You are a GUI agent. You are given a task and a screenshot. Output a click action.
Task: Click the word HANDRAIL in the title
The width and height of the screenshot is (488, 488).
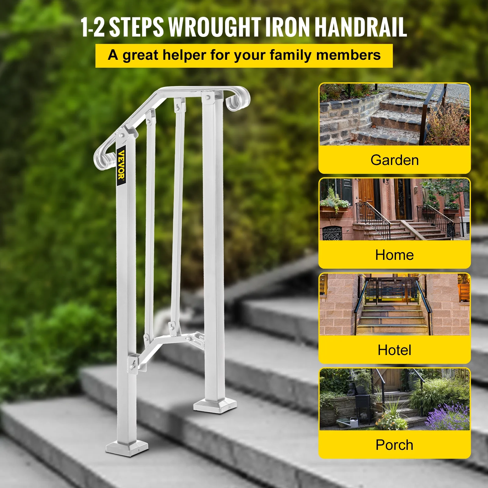click(x=361, y=27)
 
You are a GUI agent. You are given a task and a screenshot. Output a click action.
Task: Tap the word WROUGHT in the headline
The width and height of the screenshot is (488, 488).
click(x=215, y=27)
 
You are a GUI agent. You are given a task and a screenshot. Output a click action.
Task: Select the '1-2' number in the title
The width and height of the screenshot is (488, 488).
click(x=92, y=27)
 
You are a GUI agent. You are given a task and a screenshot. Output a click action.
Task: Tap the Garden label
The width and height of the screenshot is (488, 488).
click(x=394, y=160)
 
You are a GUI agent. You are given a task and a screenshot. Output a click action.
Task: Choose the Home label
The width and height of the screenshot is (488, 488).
click(x=394, y=255)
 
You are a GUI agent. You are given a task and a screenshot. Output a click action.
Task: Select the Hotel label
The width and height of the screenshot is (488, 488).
click(x=394, y=350)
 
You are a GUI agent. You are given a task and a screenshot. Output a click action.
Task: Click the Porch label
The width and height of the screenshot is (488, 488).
click(x=394, y=445)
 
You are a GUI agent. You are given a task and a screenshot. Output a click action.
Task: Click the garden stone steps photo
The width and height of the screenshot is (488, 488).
click(x=394, y=115)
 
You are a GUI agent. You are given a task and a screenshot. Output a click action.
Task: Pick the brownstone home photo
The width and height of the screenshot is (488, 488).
click(x=394, y=210)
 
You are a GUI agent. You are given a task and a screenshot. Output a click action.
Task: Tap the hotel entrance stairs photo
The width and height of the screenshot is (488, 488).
click(x=394, y=304)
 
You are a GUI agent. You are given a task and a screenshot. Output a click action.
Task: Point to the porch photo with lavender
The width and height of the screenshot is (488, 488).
click(x=394, y=399)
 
